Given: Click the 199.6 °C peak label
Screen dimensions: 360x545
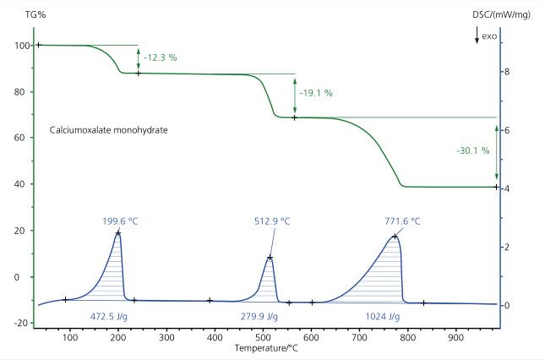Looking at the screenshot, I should click(120, 221).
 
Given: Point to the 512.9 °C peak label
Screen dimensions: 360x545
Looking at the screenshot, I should click(273, 221).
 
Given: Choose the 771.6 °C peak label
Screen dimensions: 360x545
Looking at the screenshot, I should click(403, 221).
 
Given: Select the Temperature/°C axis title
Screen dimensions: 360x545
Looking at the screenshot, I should click(264, 348).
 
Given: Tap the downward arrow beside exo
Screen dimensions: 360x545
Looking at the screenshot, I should click(477, 35).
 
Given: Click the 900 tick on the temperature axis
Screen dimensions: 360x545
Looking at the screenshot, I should click(456, 336).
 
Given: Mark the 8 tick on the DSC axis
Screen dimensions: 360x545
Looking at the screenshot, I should click(506, 72).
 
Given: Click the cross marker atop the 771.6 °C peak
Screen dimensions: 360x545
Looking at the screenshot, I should click(395, 237).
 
